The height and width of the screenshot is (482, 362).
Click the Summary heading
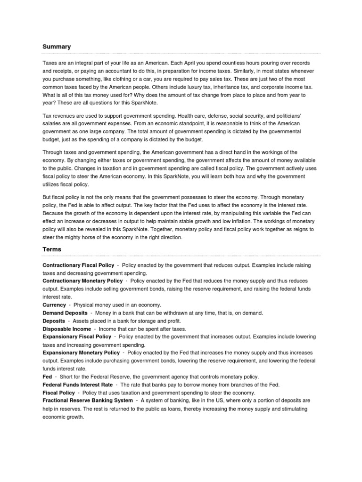pos(57,47)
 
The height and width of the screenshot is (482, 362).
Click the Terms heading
pos(52,249)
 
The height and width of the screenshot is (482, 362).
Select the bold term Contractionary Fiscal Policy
pos(78,265)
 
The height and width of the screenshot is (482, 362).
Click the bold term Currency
pos(54,305)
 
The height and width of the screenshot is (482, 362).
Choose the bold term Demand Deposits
pos(65,313)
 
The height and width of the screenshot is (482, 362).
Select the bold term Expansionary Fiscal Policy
pos(77,337)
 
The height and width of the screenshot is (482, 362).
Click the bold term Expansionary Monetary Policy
pos(81,353)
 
